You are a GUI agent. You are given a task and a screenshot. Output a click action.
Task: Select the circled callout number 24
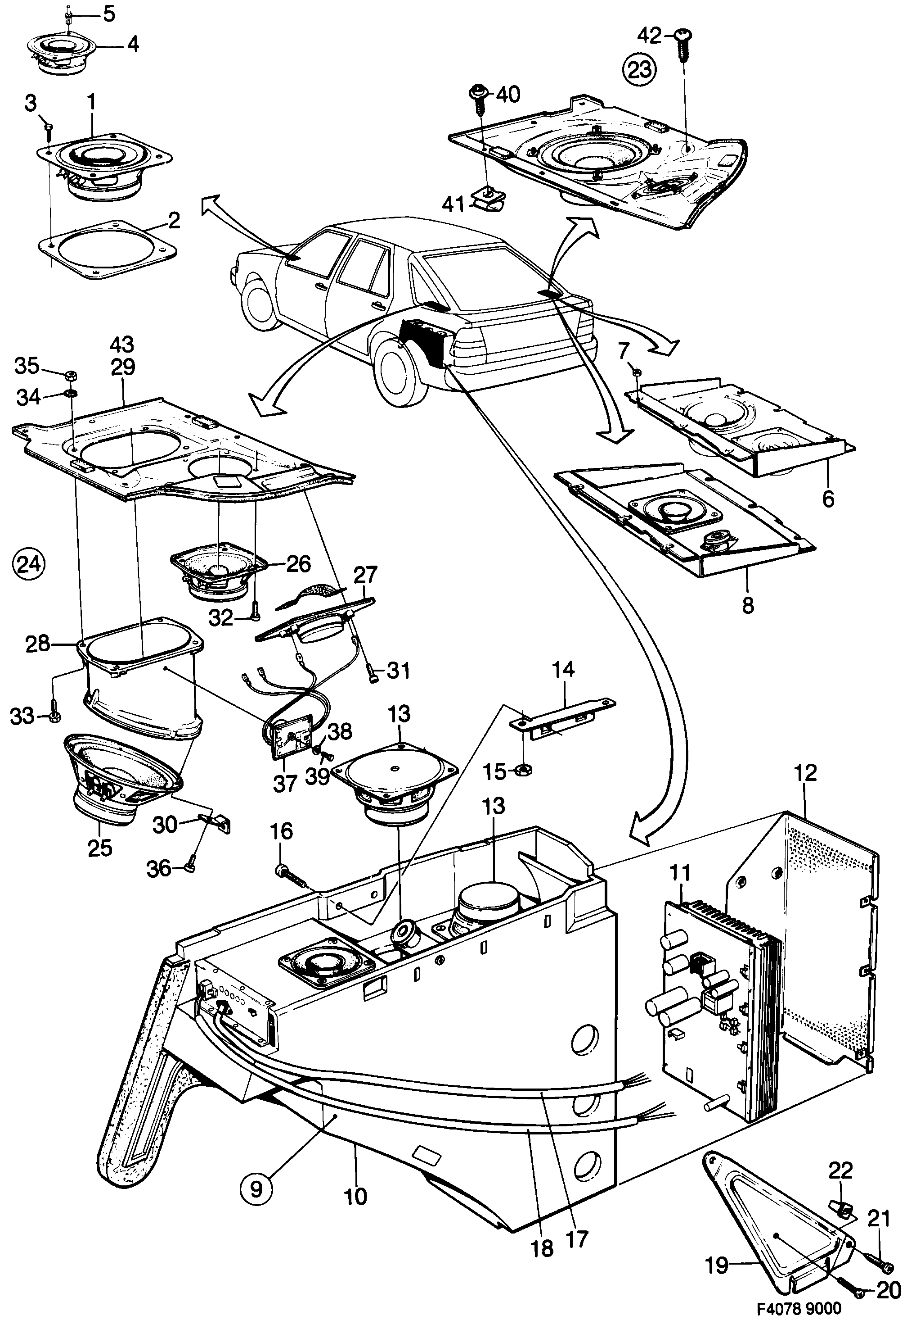pos(29,564)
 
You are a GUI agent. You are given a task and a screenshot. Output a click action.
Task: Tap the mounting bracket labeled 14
pos(563,715)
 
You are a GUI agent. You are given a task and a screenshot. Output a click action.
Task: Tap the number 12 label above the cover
pos(806,773)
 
